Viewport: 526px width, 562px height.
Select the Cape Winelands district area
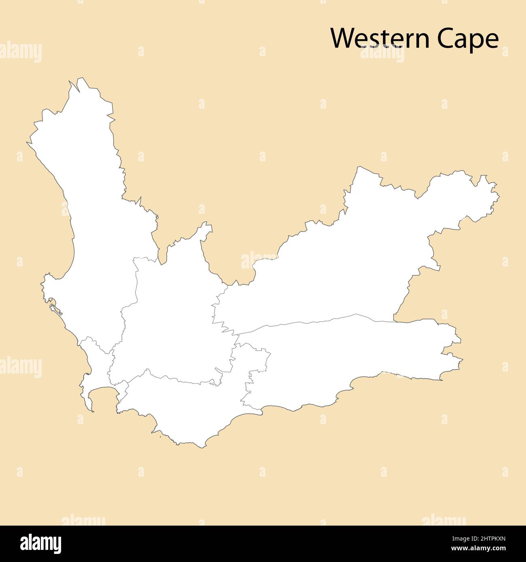[x=174, y=323]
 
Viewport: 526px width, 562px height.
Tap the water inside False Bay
[x=103, y=398]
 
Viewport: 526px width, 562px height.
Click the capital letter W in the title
[x=341, y=39]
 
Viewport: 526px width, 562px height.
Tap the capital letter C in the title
[x=444, y=39]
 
